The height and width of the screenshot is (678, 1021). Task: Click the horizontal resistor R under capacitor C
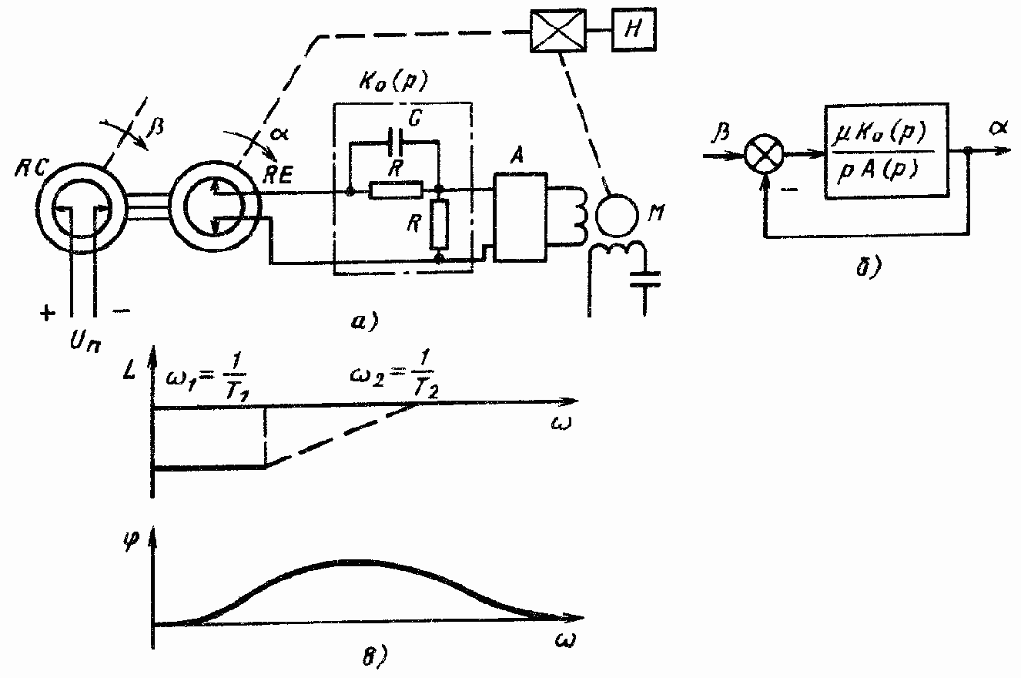click(395, 190)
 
